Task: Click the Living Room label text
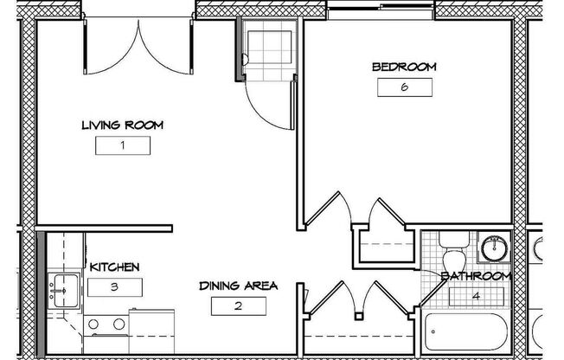pos(122,125)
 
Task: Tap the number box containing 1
pos(123,145)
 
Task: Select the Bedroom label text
pos(404,67)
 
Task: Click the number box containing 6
pos(405,87)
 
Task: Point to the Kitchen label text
pos(114,267)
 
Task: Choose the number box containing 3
pos(115,287)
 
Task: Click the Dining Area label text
pos(239,286)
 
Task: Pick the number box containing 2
pos(239,306)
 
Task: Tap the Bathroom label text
pos(476,276)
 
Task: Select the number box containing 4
pos(477,297)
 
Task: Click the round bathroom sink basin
pos(495,248)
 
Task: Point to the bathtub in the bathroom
pos(466,332)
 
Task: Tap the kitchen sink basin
pos(63,291)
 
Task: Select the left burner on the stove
pos(93,324)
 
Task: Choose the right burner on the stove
pos(119,324)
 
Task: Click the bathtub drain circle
pos(433,332)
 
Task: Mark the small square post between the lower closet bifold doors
pos(359,317)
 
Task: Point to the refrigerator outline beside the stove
pos(151,331)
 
